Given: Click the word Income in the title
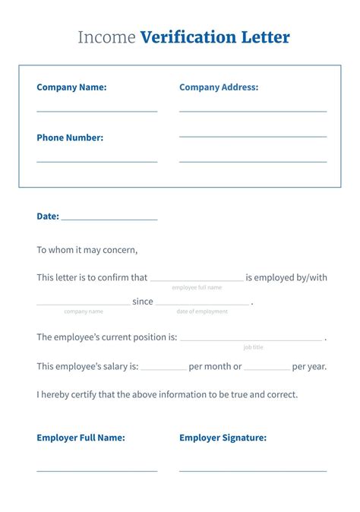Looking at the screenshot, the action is [x=107, y=37].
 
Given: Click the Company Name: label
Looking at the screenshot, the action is [x=71, y=87].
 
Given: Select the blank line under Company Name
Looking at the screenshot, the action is [x=97, y=111].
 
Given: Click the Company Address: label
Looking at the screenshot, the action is [x=219, y=87].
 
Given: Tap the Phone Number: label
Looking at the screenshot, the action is [x=70, y=137].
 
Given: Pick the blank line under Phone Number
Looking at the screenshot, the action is [x=97, y=161].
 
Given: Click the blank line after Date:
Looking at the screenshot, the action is [x=109, y=219].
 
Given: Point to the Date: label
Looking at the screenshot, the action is [x=48, y=216].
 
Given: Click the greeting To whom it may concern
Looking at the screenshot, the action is [x=87, y=249].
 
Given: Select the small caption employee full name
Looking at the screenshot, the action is [x=197, y=288].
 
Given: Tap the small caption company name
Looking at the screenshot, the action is [x=84, y=311].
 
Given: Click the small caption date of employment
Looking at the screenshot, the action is [x=202, y=311].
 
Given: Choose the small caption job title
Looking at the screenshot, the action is [x=254, y=347].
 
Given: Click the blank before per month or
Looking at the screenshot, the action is [x=163, y=368].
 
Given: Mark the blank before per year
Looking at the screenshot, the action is [x=267, y=368].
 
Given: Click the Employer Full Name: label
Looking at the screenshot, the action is [x=81, y=438].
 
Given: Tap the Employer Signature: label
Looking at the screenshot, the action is [x=223, y=438].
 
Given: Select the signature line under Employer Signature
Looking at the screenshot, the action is [x=253, y=470].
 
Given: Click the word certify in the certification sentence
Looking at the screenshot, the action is [x=82, y=394].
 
